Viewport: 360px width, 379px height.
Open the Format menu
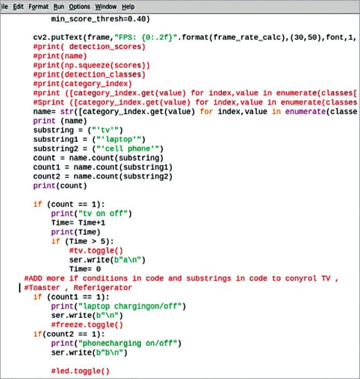[x=38, y=6]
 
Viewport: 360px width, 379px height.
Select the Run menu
[x=59, y=6]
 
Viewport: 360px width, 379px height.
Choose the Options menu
[x=79, y=6]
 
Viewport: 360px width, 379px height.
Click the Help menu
[x=128, y=6]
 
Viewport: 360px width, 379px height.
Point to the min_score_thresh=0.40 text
[x=100, y=20]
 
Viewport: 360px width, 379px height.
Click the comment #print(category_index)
[x=82, y=84]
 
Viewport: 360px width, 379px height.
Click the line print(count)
[x=60, y=185]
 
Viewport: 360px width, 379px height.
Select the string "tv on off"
[x=106, y=213]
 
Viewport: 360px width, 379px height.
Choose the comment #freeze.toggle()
[x=86, y=325]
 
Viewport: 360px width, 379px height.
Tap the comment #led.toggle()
[x=80, y=371]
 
